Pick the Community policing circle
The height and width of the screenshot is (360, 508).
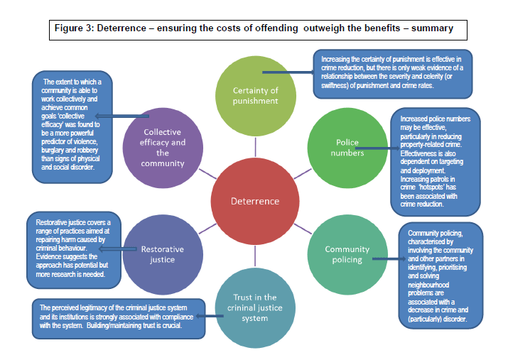[347, 253]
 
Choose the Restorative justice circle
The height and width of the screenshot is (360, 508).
[162, 253]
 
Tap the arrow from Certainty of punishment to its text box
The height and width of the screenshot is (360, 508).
[288, 72]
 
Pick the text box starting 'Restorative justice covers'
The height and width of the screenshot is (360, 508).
[75, 248]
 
